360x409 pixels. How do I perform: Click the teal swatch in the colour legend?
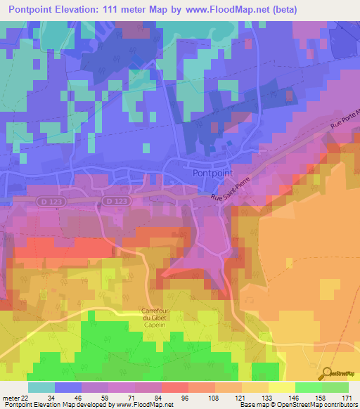coord(41,387)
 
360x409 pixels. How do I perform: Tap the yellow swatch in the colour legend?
coord(281,387)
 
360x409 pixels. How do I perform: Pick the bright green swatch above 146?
coord(308,387)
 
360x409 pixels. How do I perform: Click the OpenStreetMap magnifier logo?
coord(327,372)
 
